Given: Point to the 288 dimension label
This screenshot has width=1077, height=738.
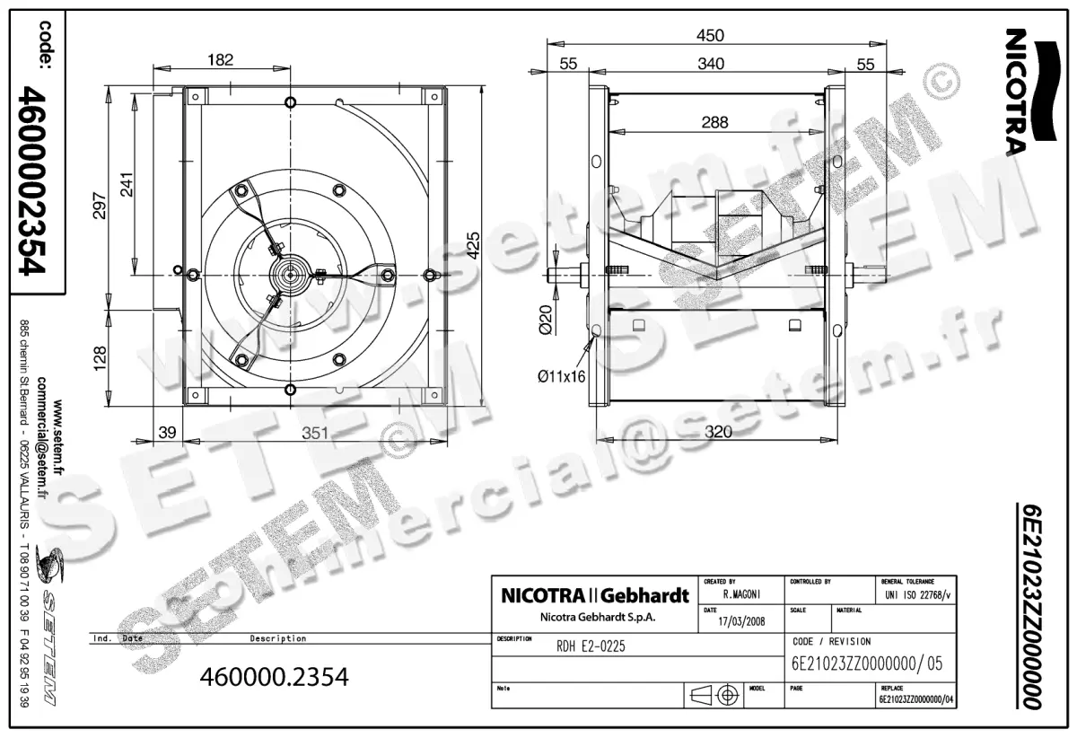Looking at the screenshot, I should (714, 121).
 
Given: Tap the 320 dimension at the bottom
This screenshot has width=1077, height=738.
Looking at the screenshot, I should (718, 432).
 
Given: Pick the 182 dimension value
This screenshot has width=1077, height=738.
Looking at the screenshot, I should (219, 60).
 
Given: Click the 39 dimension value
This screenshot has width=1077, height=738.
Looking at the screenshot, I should (166, 432).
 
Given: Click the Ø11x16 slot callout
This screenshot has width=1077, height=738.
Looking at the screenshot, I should (561, 376).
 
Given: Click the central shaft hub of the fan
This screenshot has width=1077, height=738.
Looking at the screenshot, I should (291, 273).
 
